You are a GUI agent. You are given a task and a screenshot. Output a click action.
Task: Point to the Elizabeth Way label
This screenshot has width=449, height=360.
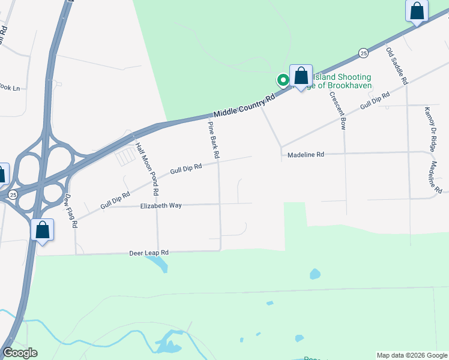pos(161,205)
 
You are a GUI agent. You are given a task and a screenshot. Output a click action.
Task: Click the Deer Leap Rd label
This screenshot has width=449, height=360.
pos(149,253)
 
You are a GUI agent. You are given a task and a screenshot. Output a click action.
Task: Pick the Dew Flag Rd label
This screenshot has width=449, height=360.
pos(71,211)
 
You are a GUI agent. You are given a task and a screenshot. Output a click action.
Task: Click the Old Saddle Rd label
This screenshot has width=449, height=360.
pos(396,65)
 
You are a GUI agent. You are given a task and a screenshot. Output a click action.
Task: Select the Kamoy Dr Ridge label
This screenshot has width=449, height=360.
pos(430,128)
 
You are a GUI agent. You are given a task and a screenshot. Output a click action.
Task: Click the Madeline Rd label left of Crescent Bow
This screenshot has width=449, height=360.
pos(306,154)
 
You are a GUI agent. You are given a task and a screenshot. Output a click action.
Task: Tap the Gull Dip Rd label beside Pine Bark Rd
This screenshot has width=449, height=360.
pos(185,170)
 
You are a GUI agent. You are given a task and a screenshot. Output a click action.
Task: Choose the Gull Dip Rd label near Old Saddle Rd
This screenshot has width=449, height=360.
pos(375,100)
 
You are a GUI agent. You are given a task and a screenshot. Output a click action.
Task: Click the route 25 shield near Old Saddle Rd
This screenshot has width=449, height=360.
pos(363,53)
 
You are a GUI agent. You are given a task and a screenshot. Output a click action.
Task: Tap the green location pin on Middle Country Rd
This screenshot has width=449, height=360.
pos(282,80)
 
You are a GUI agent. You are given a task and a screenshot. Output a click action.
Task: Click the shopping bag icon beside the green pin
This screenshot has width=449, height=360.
pos(301,77)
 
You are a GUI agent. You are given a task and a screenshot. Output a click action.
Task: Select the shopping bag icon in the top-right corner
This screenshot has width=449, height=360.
pos(417,11)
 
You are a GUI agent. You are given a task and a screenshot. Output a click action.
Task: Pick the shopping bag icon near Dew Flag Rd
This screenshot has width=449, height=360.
pos(42,230)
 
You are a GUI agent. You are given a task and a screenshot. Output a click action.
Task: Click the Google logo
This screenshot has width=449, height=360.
pos(19,353)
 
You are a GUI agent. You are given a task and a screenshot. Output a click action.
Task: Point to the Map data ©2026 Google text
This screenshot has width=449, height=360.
pos(412,355)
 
